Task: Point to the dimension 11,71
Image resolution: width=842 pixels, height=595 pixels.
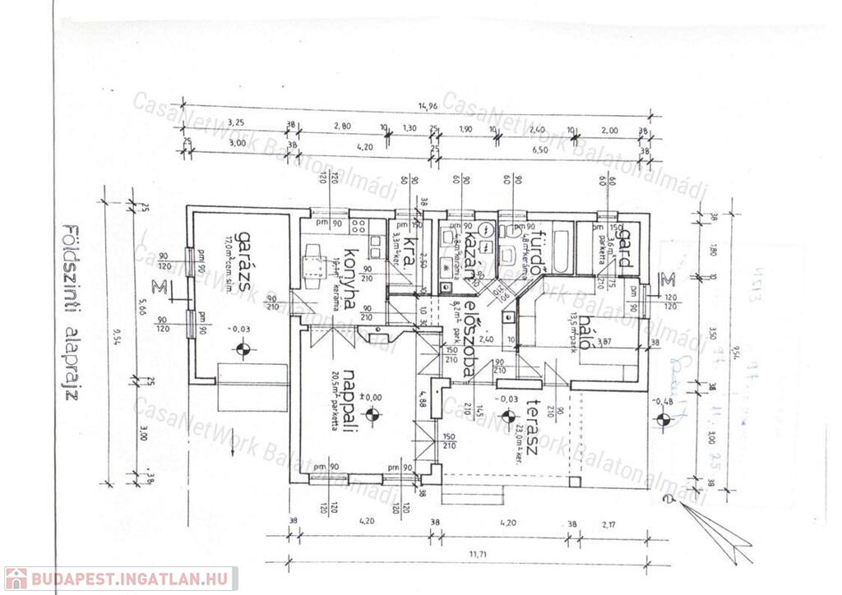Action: point(475,556)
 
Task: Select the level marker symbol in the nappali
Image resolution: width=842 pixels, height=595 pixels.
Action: point(372,414)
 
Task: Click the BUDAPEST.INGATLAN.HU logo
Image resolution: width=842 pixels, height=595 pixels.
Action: point(120,578)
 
